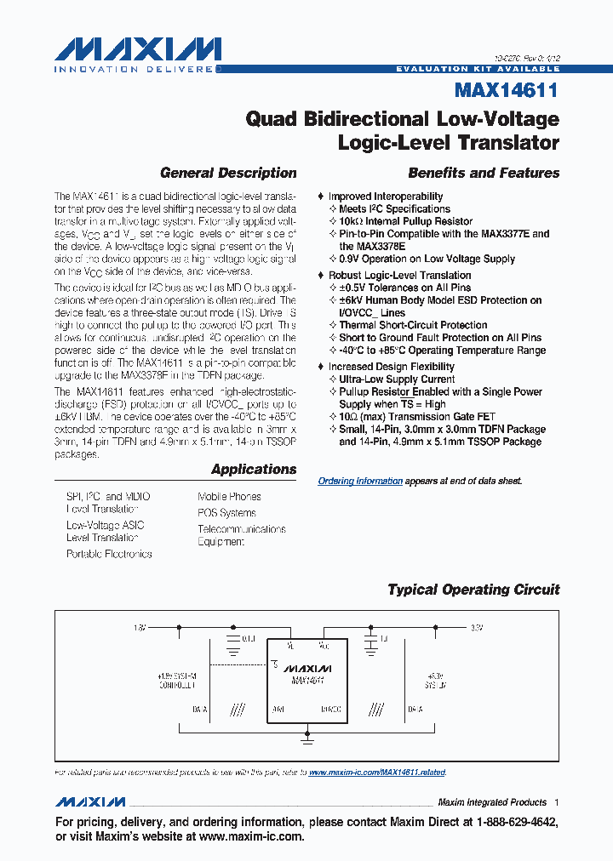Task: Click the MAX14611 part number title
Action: point(507,88)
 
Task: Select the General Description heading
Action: point(228,173)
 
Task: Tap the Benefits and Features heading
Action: point(484,173)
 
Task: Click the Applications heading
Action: point(254,469)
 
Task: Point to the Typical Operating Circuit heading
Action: point(473,589)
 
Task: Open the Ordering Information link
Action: point(360,481)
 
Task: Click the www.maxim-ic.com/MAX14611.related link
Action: point(376,773)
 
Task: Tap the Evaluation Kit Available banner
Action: point(478,68)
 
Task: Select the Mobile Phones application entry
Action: point(229,496)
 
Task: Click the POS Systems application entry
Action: point(226,513)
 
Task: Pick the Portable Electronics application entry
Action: point(109,554)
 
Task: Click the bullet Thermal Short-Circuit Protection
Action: point(413,325)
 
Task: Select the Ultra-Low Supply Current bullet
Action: point(397,379)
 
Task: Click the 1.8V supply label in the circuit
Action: point(140,628)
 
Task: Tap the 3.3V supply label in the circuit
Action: point(477,628)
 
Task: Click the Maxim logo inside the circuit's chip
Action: point(307,668)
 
